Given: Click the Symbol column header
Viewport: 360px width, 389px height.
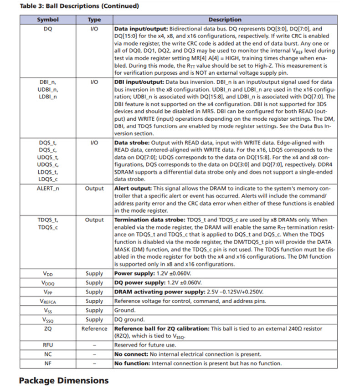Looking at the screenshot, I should click(48, 20).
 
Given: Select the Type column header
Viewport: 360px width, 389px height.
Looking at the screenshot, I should click(94, 20).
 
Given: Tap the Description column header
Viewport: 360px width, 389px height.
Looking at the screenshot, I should click(225, 20).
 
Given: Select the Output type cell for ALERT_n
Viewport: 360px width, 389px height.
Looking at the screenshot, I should click(94, 189).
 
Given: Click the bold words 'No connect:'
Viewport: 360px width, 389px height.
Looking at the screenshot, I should click(131, 354).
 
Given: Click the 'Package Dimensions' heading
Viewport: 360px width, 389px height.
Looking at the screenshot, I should click(64, 380).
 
